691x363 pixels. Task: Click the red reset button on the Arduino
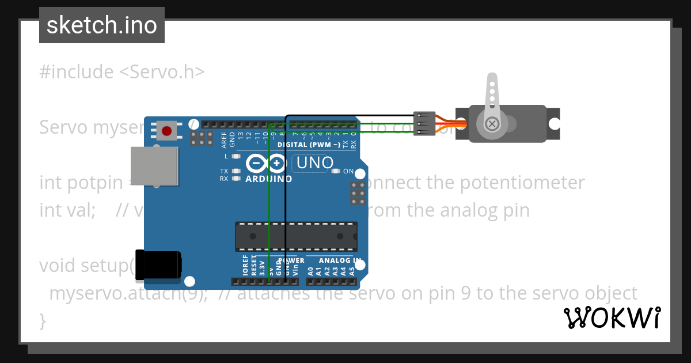tap(167, 131)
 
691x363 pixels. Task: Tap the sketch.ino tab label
tap(102, 25)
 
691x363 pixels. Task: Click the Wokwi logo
tap(612, 318)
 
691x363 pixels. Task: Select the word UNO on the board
tap(314, 163)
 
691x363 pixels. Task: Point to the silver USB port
tap(154, 166)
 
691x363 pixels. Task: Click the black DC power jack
tap(158, 266)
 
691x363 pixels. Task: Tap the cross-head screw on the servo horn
tap(492, 123)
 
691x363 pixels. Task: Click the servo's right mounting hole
tap(554, 123)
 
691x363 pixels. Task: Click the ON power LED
tap(335, 171)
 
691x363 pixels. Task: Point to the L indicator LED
tap(236, 156)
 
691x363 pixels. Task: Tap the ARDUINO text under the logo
tap(268, 179)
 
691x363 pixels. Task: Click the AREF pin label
tap(224, 139)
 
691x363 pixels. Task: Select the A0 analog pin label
tap(310, 270)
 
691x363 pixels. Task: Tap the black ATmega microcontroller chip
tap(296, 236)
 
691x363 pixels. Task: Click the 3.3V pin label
tap(262, 267)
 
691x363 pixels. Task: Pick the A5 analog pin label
tap(352, 270)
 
